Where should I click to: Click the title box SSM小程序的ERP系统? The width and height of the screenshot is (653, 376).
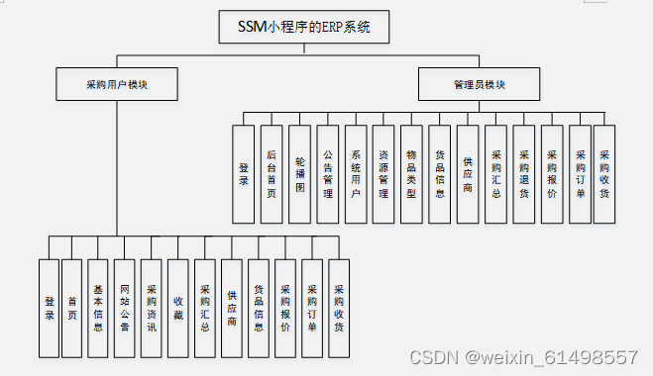(304, 27)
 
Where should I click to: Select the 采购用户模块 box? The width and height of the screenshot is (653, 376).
(116, 84)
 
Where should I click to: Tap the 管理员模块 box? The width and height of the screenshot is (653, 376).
(479, 84)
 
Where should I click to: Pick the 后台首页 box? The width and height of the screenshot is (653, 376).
(272, 173)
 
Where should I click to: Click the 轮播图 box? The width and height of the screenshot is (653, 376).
(299, 173)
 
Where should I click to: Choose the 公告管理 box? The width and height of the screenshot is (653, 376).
(327, 173)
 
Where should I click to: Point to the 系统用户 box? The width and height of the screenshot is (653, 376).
(355, 173)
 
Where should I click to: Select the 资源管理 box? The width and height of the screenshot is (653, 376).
(383, 173)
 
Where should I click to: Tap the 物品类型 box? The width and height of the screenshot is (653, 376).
(411, 173)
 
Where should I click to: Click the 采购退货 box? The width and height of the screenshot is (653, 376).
(524, 173)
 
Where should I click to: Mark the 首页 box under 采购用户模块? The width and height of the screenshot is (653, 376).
(71, 308)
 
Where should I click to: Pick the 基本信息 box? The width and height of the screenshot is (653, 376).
(97, 308)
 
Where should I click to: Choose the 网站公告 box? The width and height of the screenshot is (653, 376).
(124, 308)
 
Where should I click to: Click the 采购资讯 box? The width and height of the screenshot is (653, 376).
(151, 308)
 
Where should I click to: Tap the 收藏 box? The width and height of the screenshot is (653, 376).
(177, 308)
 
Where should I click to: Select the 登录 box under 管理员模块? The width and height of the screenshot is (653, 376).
(244, 173)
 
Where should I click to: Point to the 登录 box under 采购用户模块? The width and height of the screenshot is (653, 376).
(49, 308)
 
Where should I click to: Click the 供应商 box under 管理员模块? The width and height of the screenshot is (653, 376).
(468, 173)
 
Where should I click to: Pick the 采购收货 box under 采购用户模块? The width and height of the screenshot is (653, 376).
(339, 308)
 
